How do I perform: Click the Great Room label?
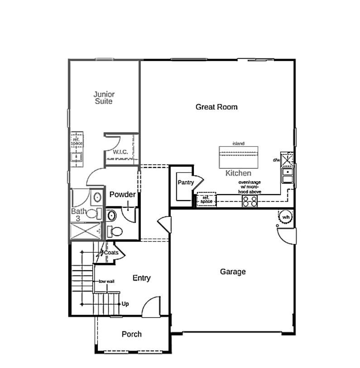(x=216, y=107)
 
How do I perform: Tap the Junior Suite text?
(x=104, y=98)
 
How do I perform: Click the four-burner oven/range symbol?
(x=250, y=201)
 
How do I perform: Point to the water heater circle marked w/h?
(x=286, y=218)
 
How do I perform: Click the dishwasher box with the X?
(x=288, y=159)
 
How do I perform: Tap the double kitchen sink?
(x=288, y=175)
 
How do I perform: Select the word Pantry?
(x=186, y=182)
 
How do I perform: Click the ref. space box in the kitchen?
(x=206, y=200)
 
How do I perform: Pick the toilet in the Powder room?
(x=115, y=231)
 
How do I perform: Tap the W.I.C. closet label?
(x=120, y=152)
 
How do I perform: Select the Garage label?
(x=233, y=272)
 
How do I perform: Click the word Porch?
(x=131, y=334)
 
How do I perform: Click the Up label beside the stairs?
(x=125, y=304)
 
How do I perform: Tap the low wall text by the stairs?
(x=107, y=281)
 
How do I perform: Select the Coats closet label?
(x=111, y=253)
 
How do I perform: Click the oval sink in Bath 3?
(x=96, y=197)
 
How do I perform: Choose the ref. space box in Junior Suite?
(x=77, y=141)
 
